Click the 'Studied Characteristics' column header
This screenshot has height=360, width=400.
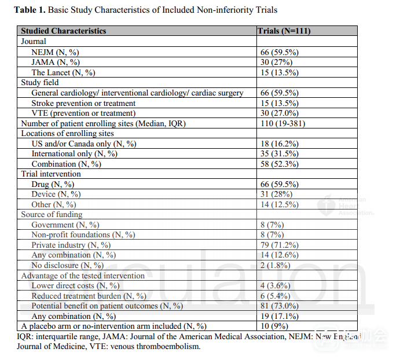pyautogui.click(x=64, y=31)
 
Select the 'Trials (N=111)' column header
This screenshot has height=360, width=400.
pyautogui.click(x=284, y=31)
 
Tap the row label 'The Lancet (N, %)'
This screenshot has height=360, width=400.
pyautogui.click(x=63, y=72)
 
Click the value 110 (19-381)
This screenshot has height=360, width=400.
pyautogui.click(x=282, y=123)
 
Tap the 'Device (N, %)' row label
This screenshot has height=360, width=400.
pyautogui.click(x=56, y=194)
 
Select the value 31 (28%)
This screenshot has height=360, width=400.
pyautogui.click(x=276, y=194)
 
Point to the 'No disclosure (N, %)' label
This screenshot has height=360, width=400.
pyautogui.click(x=68, y=265)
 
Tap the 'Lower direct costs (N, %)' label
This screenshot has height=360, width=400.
pyautogui.click(x=75, y=285)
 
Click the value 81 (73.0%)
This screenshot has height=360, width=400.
pyautogui.click(x=280, y=306)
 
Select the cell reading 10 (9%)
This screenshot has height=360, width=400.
pyautogui.click(x=274, y=326)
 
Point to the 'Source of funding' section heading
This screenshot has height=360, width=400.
pyautogui.click(x=52, y=215)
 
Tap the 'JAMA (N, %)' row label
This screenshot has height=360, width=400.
pyautogui.click(x=56, y=62)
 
